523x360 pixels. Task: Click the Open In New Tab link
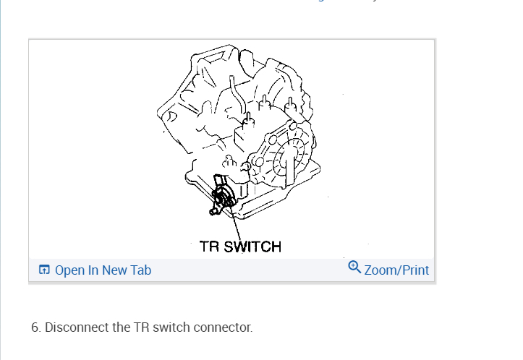click(x=102, y=270)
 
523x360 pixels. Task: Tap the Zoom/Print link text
click(x=396, y=270)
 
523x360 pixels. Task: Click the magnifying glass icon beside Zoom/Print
click(x=354, y=267)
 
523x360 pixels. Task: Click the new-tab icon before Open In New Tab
click(x=45, y=270)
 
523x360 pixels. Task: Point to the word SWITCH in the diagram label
click(x=252, y=247)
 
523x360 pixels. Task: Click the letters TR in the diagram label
click(x=210, y=247)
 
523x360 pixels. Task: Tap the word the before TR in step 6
click(x=122, y=327)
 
